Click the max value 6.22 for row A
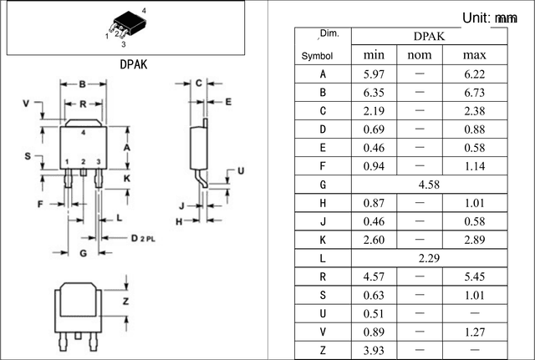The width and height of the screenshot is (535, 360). click(474, 74)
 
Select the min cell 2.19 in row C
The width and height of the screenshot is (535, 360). click(374, 111)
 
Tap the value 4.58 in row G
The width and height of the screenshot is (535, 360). click(429, 185)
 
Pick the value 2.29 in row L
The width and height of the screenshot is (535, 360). click(429, 258)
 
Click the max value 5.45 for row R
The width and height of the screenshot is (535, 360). click(474, 276)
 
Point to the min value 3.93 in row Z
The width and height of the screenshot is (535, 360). click(374, 350)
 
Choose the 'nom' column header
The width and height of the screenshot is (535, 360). click(420, 55)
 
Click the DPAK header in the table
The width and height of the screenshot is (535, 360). click(429, 36)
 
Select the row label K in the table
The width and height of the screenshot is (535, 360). click(323, 240)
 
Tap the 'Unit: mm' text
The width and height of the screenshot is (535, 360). click(490, 18)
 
